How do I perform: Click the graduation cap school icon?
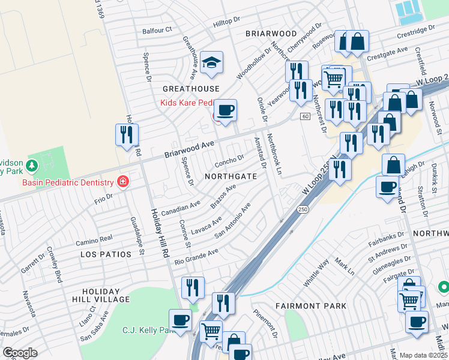coord(211,62)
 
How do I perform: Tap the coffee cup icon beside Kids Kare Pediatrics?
coord(226,110)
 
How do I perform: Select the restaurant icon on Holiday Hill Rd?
coord(127,135)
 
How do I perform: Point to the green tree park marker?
coord(32,164)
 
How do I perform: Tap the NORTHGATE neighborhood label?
coord(231,176)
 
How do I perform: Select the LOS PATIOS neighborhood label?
coord(106,254)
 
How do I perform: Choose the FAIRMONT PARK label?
coord(310,306)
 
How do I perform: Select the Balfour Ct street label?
coord(157,29)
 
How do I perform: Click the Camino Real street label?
coord(94,241)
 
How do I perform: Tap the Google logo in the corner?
coord(20,352)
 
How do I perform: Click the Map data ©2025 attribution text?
coord(424,355)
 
